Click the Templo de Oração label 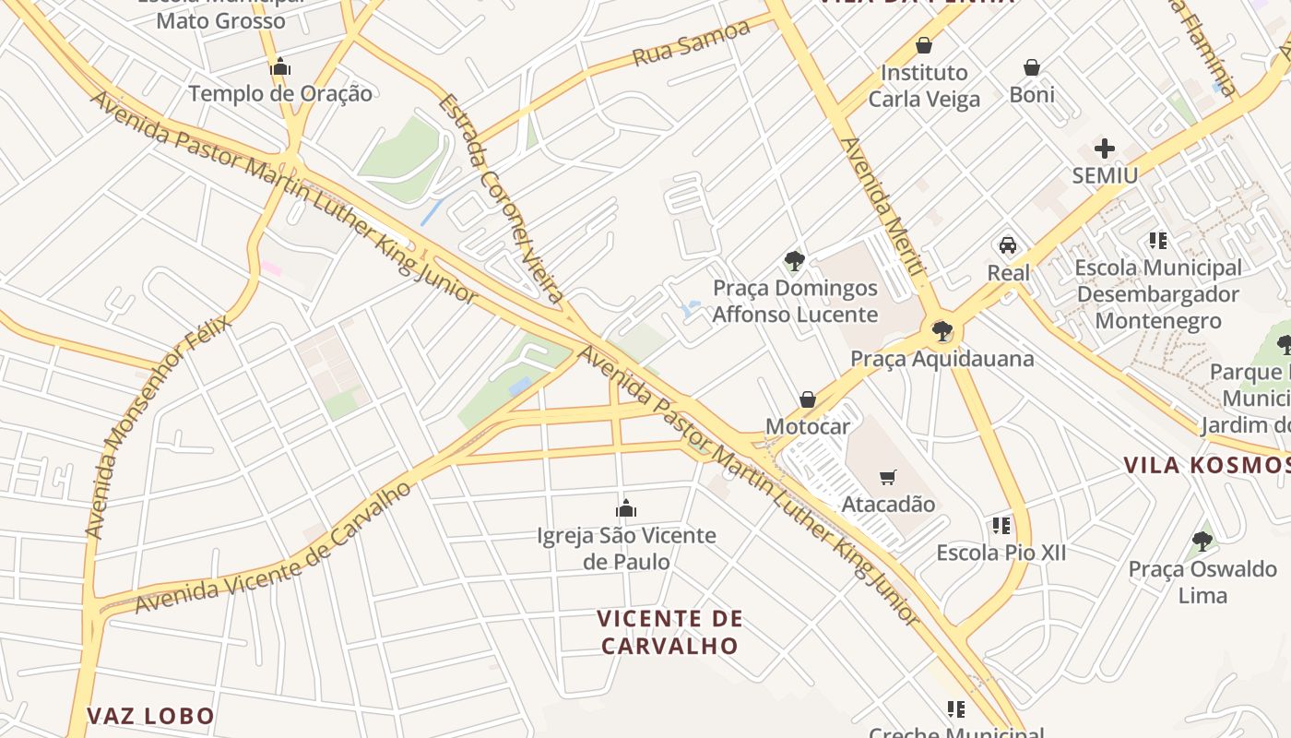tap(280, 93)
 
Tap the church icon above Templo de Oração tap(280, 67)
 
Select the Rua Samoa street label tap(691, 44)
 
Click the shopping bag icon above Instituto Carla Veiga tap(924, 45)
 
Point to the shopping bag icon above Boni tap(1032, 67)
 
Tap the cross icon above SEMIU tap(1104, 149)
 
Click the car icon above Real tap(1008, 245)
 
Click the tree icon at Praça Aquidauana tap(942, 331)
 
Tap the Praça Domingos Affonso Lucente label tap(795, 301)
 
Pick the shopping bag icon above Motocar tap(808, 399)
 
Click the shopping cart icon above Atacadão tap(888, 477)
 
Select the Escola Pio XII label tap(1001, 553)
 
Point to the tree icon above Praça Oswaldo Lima tap(1202, 542)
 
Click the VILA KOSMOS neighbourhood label tap(1206, 465)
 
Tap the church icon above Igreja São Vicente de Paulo tap(626, 508)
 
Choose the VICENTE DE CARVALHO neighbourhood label tap(669, 632)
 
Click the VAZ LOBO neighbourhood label tap(150, 716)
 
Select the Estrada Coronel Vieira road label tap(501, 198)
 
